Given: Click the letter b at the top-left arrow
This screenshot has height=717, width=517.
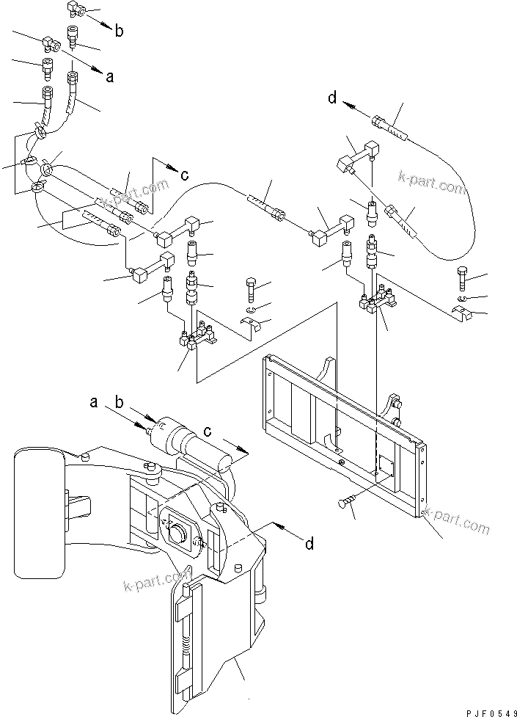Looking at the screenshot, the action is pyautogui.click(x=119, y=31).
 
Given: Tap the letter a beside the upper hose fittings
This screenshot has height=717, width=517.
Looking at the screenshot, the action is pyautogui.click(x=110, y=77).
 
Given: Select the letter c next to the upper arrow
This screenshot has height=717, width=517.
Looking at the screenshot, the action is pyautogui.click(x=184, y=175).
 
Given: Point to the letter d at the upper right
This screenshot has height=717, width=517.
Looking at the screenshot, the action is pyautogui.click(x=332, y=98).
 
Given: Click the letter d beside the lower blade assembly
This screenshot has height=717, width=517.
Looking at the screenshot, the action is pyautogui.click(x=309, y=544).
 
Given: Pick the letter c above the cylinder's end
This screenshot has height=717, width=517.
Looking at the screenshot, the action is pyautogui.click(x=207, y=432).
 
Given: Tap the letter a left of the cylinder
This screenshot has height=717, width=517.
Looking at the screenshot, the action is pyautogui.click(x=94, y=402).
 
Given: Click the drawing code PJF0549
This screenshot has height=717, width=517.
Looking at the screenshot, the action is pyautogui.click(x=491, y=713).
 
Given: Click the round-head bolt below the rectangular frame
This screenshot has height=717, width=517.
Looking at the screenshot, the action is pyautogui.click(x=345, y=503).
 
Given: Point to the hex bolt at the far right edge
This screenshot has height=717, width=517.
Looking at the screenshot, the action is pyautogui.click(x=462, y=278).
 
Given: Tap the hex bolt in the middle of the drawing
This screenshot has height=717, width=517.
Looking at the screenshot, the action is pyautogui.click(x=251, y=289).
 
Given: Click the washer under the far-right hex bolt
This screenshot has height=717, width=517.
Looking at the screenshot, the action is pyautogui.click(x=461, y=299).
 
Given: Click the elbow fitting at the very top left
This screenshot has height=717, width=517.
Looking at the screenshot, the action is pyautogui.click(x=75, y=9).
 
